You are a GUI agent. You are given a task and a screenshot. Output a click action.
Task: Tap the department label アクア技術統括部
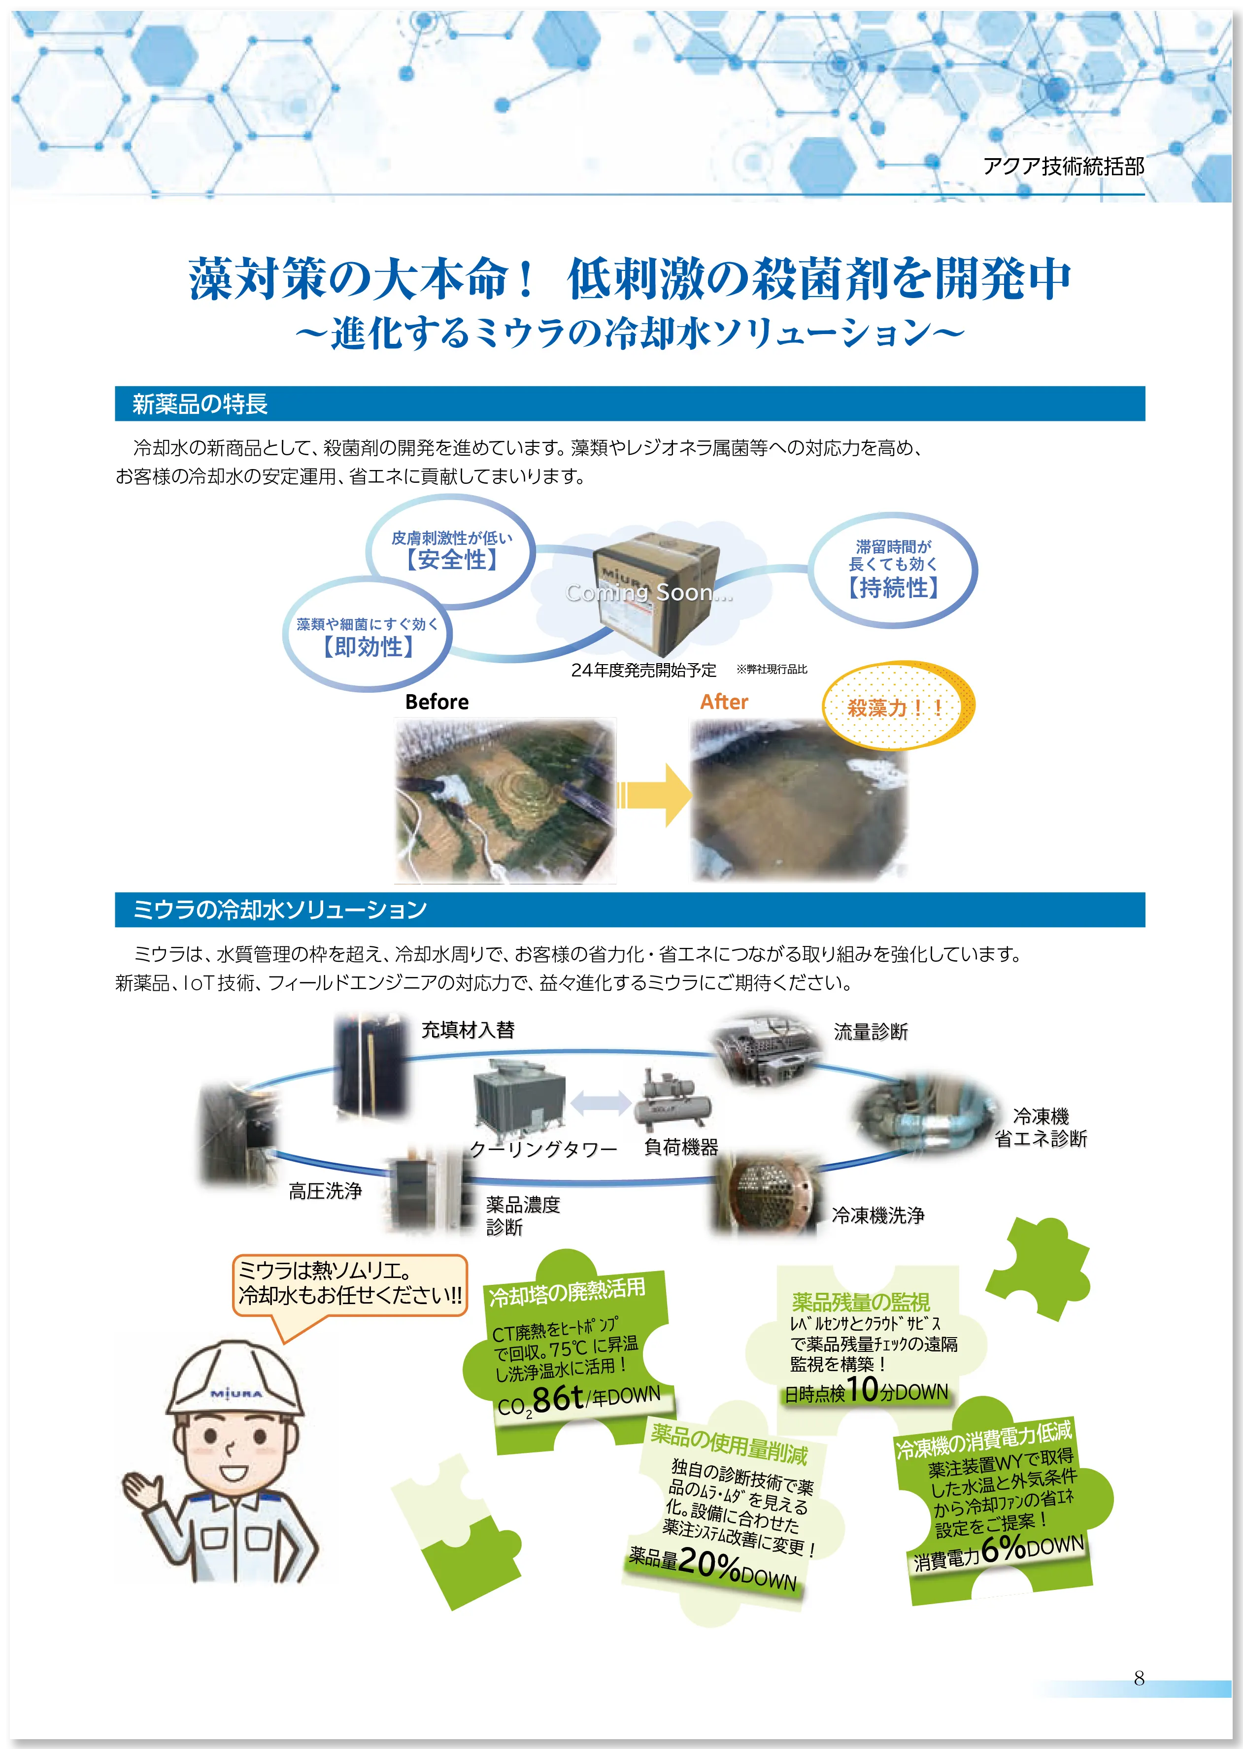[1063, 166]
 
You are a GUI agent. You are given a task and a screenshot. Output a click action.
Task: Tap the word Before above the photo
[437, 702]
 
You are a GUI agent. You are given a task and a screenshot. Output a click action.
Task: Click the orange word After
[724, 702]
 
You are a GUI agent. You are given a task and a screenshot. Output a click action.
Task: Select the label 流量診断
[870, 1032]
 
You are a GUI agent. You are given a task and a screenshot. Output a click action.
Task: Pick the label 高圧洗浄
[325, 1191]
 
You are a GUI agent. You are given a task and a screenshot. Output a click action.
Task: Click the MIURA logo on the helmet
[235, 1394]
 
